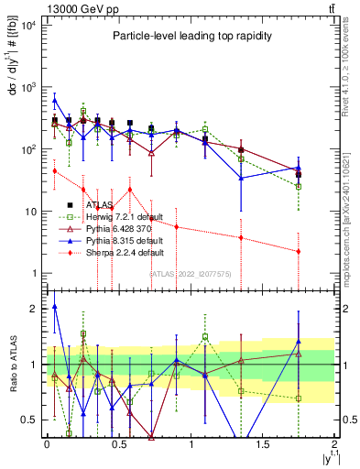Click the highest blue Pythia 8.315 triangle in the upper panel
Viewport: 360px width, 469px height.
coord(55,100)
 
